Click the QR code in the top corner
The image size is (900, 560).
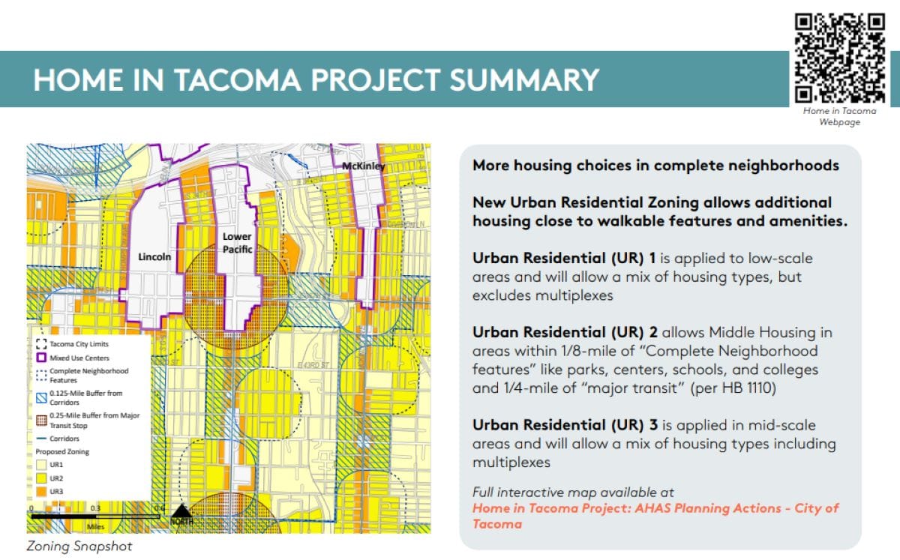point(839,57)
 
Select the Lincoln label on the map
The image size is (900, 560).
point(154,256)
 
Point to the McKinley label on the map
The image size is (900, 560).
point(364,166)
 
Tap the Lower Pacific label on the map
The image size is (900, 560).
point(237,242)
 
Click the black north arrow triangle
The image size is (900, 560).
point(181,512)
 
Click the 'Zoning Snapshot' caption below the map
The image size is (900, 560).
point(79,546)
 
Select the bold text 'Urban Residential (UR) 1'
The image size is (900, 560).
point(564,258)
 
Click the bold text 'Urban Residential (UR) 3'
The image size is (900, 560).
point(564,425)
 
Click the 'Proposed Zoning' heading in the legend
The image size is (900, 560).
point(61,452)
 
